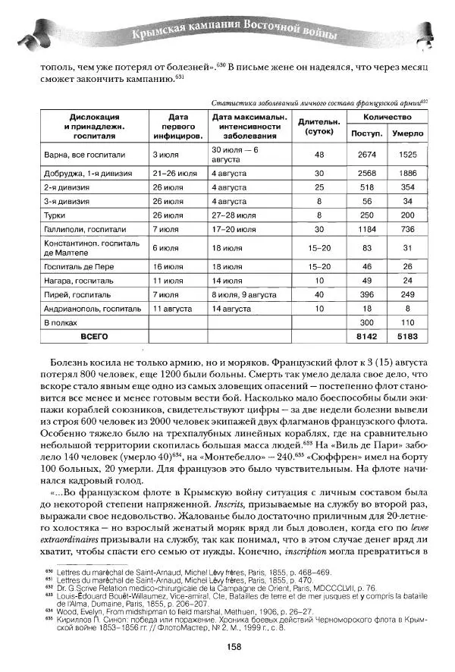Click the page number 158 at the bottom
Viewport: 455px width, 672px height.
(234, 648)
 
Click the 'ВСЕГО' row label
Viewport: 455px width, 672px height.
(89, 334)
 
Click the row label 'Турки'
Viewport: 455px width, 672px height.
(58, 214)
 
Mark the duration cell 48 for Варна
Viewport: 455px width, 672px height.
(318, 154)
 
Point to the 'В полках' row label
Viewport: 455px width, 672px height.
(63, 322)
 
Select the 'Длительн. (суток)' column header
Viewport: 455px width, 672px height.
(318, 126)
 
